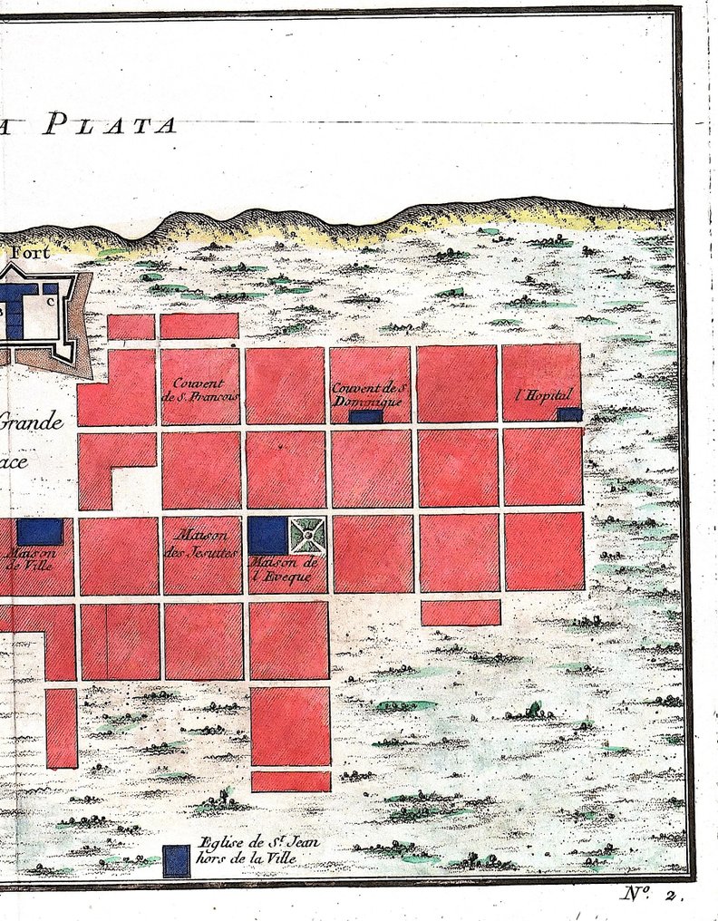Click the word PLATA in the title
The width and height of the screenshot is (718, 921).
click(110, 122)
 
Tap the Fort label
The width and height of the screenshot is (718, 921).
click(32, 253)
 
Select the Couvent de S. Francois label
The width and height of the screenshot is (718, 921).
click(199, 390)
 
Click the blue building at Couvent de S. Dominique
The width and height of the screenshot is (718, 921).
click(366, 417)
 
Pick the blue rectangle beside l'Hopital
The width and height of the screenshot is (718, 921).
click(568, 414)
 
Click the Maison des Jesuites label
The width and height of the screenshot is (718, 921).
click(201, 542)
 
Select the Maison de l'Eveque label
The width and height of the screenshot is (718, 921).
click(281, 569)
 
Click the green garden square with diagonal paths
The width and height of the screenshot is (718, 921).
click(308, 535)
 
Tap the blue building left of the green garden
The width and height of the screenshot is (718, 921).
click(267, 535)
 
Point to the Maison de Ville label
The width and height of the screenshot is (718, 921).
click(29, 557)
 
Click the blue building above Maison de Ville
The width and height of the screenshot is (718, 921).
click(40, 531)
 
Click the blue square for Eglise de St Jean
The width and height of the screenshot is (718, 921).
click(176, 860)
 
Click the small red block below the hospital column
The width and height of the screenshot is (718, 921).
click(461, 613)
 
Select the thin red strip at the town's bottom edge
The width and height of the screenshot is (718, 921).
click(290, 781)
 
